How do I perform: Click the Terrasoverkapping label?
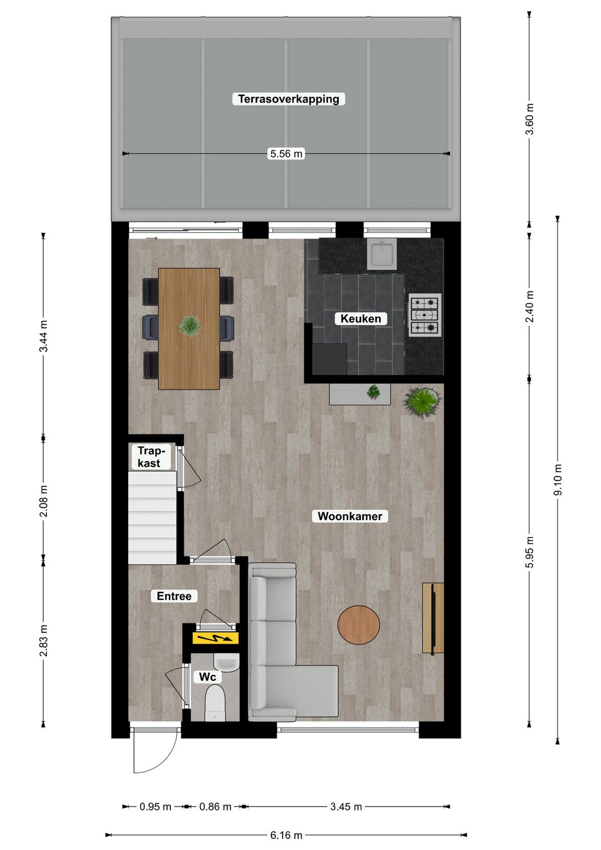[x=289, y=99]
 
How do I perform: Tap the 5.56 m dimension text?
[x=286, y=154]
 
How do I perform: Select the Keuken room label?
[x=361, y=319]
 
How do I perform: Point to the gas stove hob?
[x=425, y=315]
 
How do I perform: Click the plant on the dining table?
[x=190, y=326]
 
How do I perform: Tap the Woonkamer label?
[x=349, y=516]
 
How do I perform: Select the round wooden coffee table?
[x=359, y=626]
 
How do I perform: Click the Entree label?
[x=174, y=596]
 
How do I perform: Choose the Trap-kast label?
[x=149, y=457]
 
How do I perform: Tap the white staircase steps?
[x=152, y=517]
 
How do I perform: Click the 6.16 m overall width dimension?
[x=286, y=835]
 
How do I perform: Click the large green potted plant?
[x=422, y=402]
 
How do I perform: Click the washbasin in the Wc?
[x=226, y=662]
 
